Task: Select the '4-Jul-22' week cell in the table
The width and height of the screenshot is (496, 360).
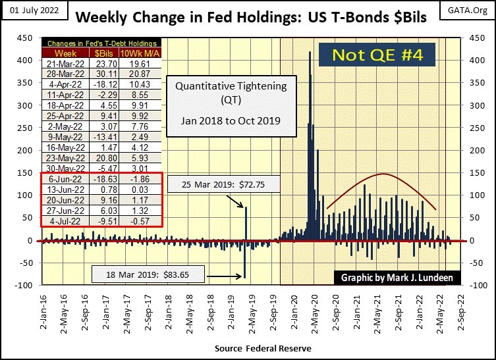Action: pos(65,221)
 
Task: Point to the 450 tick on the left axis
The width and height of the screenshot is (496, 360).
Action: pos(28,38)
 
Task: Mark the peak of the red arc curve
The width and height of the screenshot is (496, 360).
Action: pos(384,174)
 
